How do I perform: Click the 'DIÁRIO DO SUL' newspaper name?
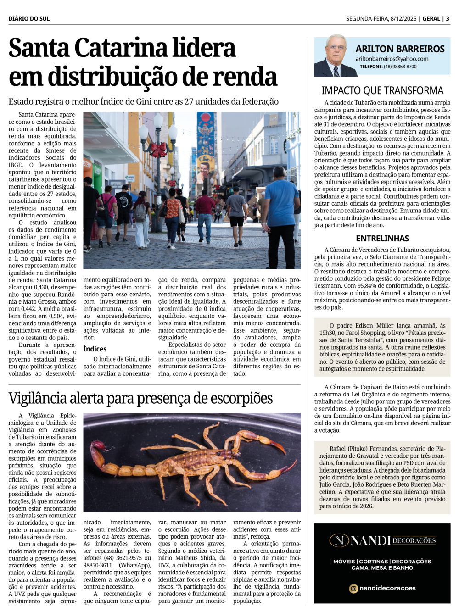(x=29, y=19)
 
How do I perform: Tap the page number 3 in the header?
(x=448, y=19)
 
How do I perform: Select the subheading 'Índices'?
(x=95, y=349)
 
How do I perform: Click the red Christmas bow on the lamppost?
(x=158, y=149)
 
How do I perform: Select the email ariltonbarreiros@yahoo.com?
(x=392, y=59)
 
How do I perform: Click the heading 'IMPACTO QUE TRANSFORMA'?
(x=382, y=90)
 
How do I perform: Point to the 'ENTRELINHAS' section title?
(x=382, y=238)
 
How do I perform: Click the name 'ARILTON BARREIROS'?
(x=400, y=49)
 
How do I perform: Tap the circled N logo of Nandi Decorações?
(x=339, y=540)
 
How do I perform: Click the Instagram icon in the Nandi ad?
(x=353, y=589)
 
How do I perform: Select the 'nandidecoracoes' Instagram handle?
(x=387, y=588)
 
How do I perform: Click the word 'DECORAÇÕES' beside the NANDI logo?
(x=414, y=540)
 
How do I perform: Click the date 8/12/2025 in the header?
(x=403, y=19)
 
